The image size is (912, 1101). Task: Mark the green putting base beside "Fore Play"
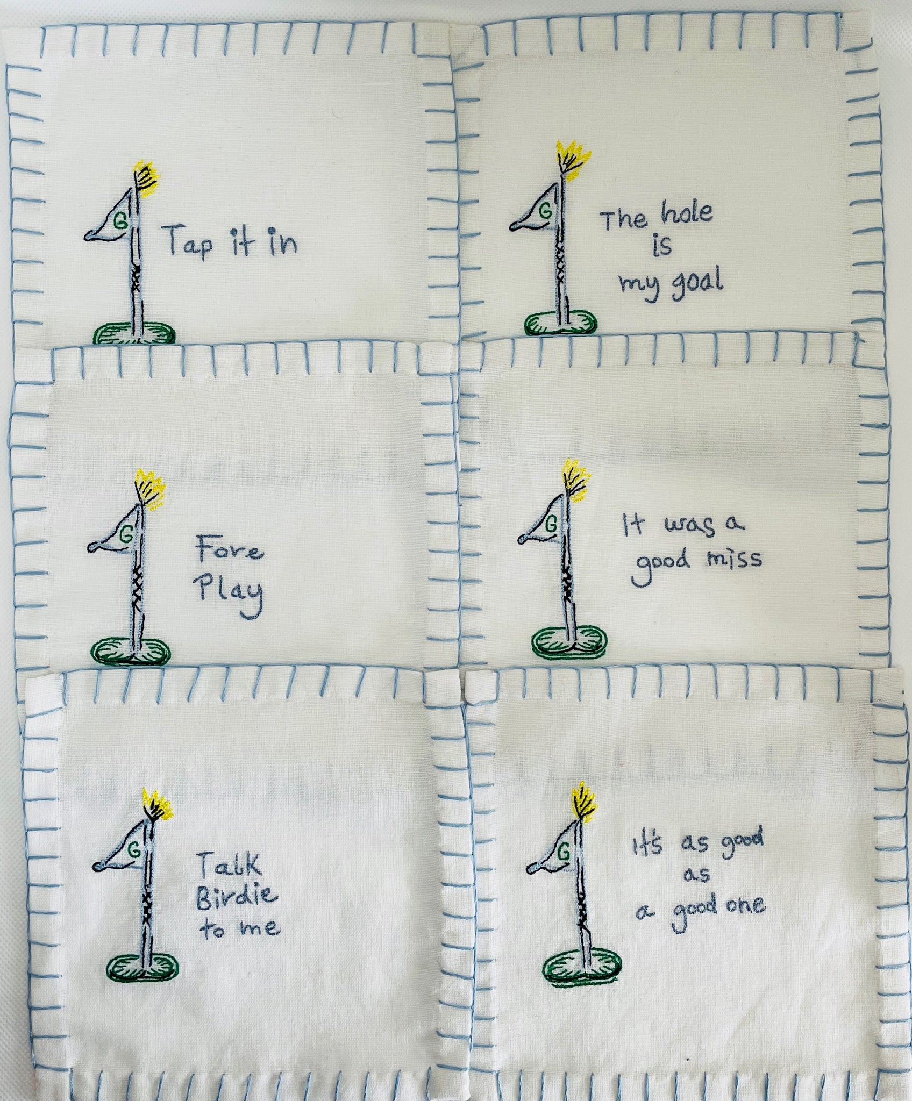tap(131, 650)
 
